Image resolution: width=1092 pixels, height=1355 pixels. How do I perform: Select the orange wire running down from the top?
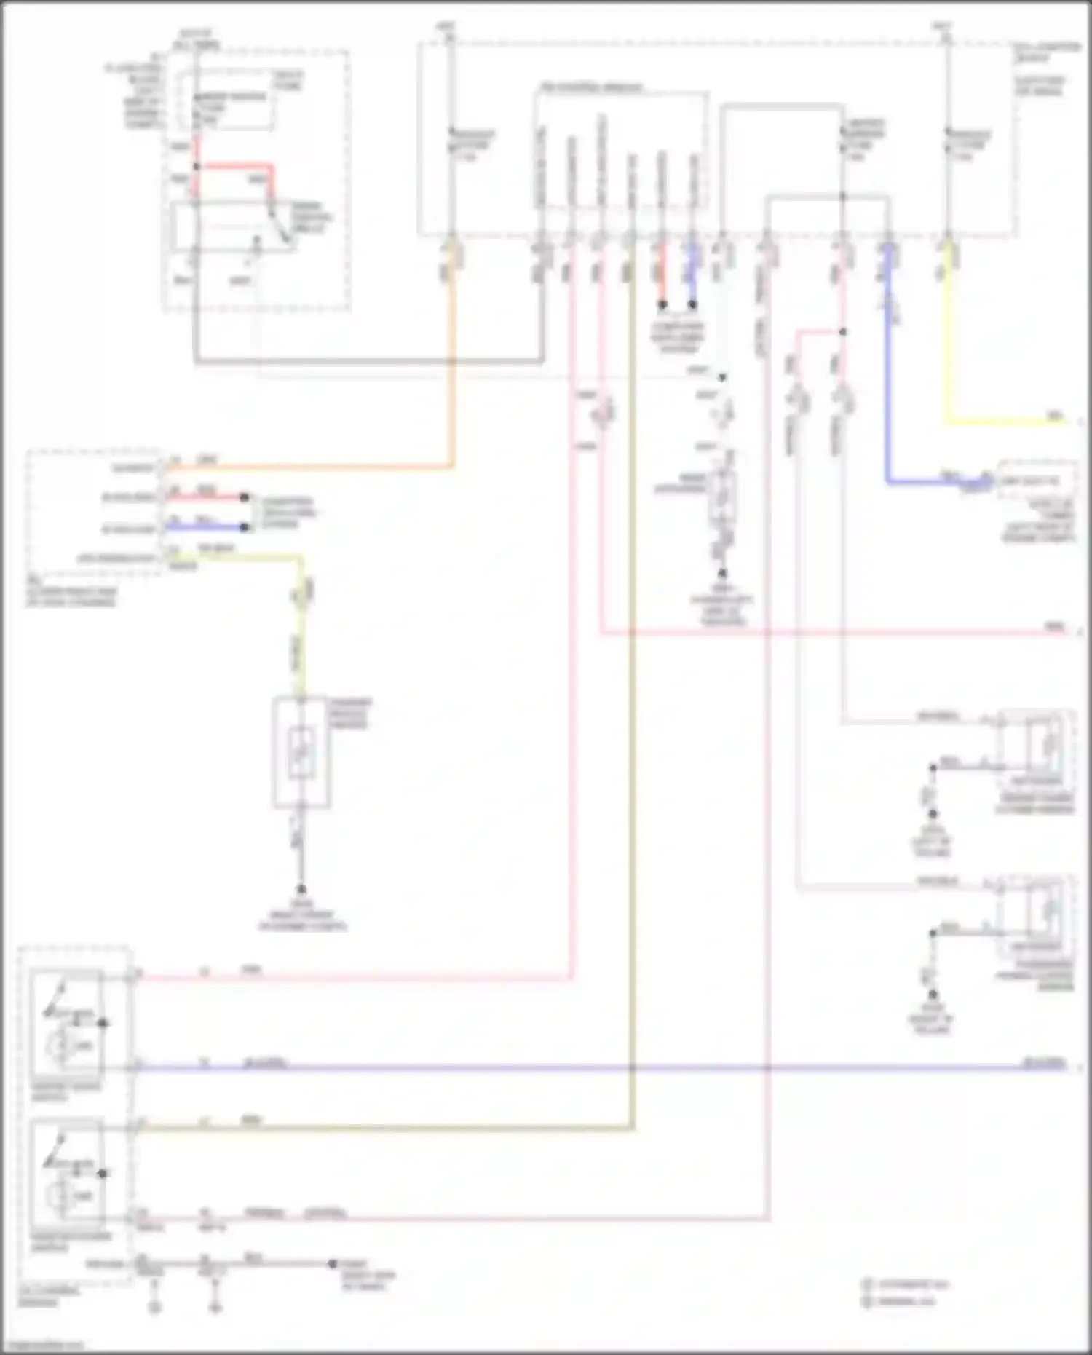(x=452, y=364)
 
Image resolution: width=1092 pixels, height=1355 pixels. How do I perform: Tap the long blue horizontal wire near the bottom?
(x=582, y=1068)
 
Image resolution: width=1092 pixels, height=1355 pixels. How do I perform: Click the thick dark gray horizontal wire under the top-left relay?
(x=364, y=361)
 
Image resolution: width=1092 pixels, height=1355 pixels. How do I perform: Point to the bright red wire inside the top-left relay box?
(x=237, y=167)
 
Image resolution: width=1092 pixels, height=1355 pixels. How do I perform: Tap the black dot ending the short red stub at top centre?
(x=662, y=304)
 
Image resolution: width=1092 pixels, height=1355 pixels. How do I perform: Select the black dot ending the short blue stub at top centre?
(x=692, y=304)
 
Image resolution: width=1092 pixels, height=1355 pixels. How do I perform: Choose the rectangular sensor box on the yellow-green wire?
(x=301, y=752)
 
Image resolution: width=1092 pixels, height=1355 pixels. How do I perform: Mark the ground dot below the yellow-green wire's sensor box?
(x=301, y=889)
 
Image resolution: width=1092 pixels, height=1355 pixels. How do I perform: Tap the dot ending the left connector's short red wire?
(x=245, y=497)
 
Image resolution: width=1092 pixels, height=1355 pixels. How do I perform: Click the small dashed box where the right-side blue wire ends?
(x=1037, y=480)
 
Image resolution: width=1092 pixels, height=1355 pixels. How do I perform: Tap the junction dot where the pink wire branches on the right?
(x=842, y=332)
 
